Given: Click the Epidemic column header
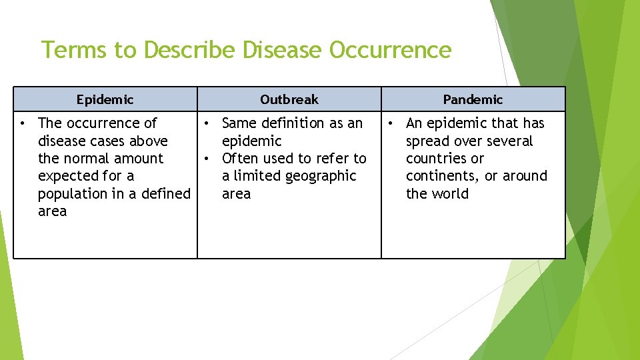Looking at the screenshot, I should coord(105,100).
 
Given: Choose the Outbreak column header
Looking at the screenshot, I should coord(289,100).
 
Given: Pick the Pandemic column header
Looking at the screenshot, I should coord(473,100).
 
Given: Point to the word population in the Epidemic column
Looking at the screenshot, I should coord(72,194).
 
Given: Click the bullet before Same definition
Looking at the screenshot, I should coord(207,123).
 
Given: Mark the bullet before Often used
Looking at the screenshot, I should coord(207,159).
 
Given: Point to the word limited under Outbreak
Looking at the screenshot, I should coord(255,176).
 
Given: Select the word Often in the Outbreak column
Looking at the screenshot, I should coord(238,159).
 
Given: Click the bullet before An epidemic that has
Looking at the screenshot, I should coord(391,123).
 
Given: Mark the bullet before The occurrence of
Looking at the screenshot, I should coord(23,123).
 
